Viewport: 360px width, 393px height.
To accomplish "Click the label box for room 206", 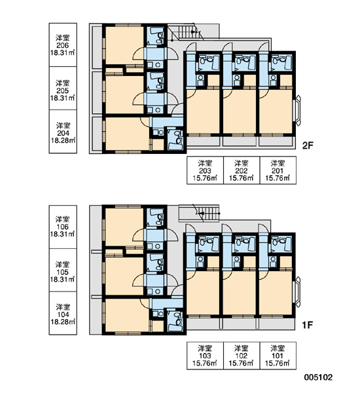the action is [x=63, y=45].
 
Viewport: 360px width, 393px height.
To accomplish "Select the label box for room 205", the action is [x=63, y=88].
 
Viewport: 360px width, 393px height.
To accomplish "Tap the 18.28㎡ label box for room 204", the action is [x=63, y=132].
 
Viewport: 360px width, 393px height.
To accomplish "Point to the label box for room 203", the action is [x=205, y=170].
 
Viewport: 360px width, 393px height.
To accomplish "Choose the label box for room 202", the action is [x=242, y=170].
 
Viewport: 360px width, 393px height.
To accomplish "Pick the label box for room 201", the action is [x=278, y=170].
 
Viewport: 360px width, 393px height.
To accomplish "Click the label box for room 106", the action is [x=63, y=227].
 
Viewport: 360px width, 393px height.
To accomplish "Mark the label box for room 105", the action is [x=63, y=270].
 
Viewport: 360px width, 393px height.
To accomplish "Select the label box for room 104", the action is [x=63, y=313].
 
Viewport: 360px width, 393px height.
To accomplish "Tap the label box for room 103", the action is [x=205, y=356].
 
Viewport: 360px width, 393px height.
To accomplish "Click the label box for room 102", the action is [x=242, y=356].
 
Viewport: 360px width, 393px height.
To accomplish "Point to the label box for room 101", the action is [x=278, y=356].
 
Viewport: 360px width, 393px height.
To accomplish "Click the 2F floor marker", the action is [x=308, y=145].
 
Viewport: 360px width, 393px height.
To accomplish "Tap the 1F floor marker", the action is [x=308, y=325].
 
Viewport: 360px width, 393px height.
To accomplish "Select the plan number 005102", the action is [x=318, y=377].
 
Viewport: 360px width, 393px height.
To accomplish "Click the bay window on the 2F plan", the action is [x=298, y=110].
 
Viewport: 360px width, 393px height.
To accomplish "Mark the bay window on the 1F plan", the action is [x=298, y=292].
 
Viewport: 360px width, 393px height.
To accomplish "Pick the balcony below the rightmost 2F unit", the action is [x=276, y=141].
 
